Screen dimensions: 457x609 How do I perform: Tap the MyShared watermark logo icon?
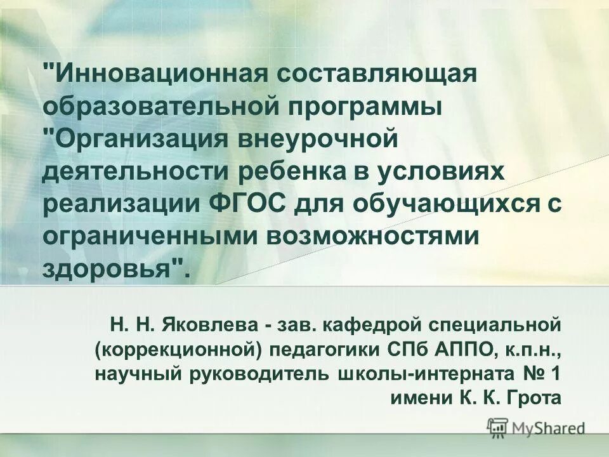(x=498, y=427)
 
